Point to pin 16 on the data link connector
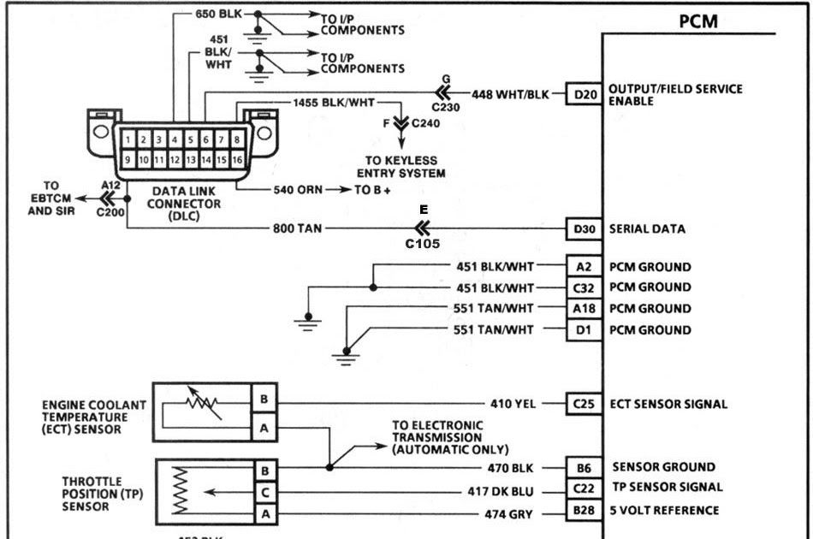[237, 159]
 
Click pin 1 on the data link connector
[127, 139]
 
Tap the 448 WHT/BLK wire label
[510, 94]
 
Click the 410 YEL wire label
[512, 404]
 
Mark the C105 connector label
[423, 244]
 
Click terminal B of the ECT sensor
[264, 400]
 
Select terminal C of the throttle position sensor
[264, 492]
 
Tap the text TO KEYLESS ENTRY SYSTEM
[401, 167]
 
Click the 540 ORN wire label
[296, 189]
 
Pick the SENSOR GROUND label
[663, 467]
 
